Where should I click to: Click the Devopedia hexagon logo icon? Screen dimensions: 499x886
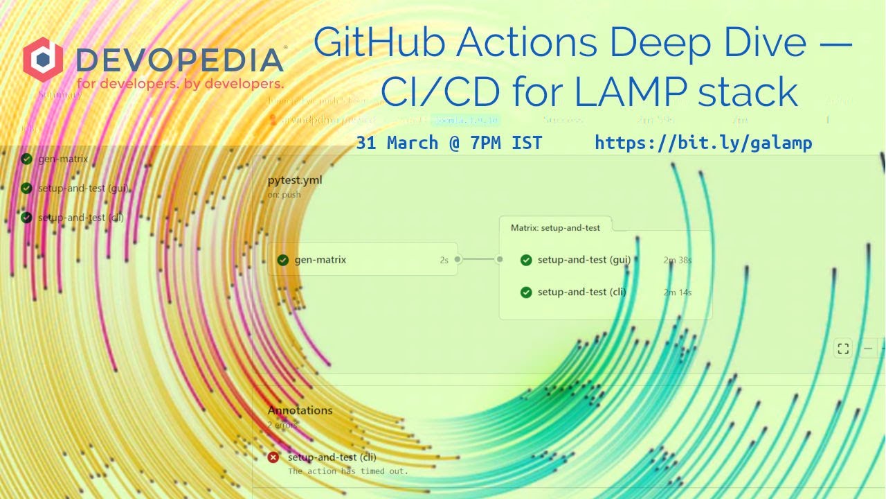43,60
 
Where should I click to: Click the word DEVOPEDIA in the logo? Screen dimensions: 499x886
179,60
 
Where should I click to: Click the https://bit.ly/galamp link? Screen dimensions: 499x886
703,143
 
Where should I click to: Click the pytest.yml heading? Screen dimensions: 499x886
295,180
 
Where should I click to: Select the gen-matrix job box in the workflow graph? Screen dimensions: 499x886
362,260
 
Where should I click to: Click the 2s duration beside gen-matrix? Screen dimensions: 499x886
444,261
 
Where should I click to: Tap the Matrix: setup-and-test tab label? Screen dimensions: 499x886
555,227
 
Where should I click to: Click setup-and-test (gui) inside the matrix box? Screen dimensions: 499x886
584,260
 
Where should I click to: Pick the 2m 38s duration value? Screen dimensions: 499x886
678,261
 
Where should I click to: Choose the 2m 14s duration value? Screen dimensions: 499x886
678,292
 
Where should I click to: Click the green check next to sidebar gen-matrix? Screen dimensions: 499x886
26,159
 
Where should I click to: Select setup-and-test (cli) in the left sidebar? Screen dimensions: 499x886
81,218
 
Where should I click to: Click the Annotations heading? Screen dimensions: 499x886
300,410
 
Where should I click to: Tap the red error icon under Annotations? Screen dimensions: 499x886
273,457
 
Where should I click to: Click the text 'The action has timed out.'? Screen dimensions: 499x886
348,471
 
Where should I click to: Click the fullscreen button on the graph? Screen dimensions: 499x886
842,349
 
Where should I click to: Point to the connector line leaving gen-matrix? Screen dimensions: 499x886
478,260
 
